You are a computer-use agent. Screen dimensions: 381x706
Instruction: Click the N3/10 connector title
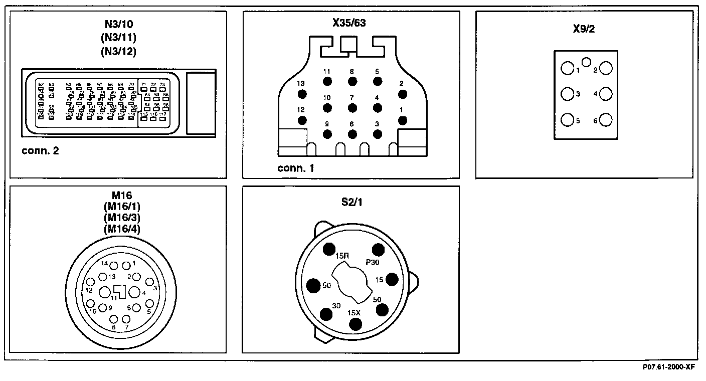118,24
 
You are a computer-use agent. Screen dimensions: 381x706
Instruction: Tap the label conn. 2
41,150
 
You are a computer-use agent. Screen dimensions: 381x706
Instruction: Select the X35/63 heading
351,23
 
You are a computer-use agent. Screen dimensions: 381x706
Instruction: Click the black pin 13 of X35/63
302,94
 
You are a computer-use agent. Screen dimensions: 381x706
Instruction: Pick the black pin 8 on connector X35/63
352,81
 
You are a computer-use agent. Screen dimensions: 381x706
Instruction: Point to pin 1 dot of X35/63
402,120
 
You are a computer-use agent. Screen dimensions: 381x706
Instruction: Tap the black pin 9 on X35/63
327,134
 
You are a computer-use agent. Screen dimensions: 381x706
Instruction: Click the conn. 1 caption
296,168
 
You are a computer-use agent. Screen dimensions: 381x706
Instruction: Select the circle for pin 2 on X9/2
606,69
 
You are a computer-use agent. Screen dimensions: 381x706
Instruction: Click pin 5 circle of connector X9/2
567,120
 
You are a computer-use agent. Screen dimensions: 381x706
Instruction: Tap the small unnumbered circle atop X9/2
586,63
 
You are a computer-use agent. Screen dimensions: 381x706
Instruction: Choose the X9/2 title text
584,29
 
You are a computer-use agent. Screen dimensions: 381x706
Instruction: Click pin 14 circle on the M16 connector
114,266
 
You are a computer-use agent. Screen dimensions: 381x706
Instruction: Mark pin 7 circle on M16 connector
126,319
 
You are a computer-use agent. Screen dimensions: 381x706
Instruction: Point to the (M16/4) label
122,229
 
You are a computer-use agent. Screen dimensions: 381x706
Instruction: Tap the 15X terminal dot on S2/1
356,324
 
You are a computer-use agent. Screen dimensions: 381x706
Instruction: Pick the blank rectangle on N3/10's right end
201,103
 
